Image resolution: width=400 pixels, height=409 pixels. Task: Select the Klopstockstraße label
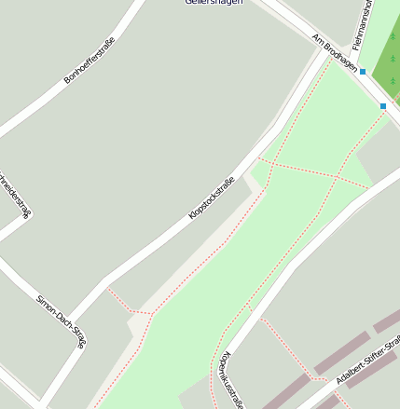[211, 198]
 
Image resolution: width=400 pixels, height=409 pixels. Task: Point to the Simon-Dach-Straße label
[61, 321]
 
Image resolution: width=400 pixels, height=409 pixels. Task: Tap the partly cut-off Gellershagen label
[214, 3]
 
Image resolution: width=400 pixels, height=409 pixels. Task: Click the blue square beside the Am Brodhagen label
[363, 71]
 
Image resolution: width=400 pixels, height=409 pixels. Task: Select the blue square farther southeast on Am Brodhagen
[383, 106]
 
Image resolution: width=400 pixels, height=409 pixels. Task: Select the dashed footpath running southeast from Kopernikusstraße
[294, 354]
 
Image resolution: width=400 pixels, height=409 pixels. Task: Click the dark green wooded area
[382, 56]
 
